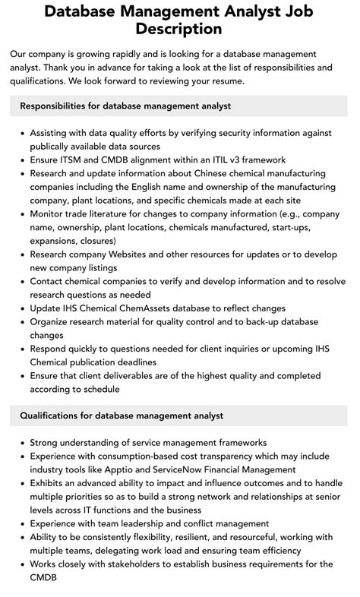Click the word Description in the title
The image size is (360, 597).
pos(179,30)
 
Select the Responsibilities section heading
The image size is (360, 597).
pos(125,106)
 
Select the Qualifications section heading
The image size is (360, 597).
pos(122,415)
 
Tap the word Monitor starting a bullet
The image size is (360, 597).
pos(51,213)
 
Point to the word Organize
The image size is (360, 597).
pos(54,321)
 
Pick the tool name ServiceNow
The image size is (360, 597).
pos(202,469)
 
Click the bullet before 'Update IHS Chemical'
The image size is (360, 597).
pos(21,308)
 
